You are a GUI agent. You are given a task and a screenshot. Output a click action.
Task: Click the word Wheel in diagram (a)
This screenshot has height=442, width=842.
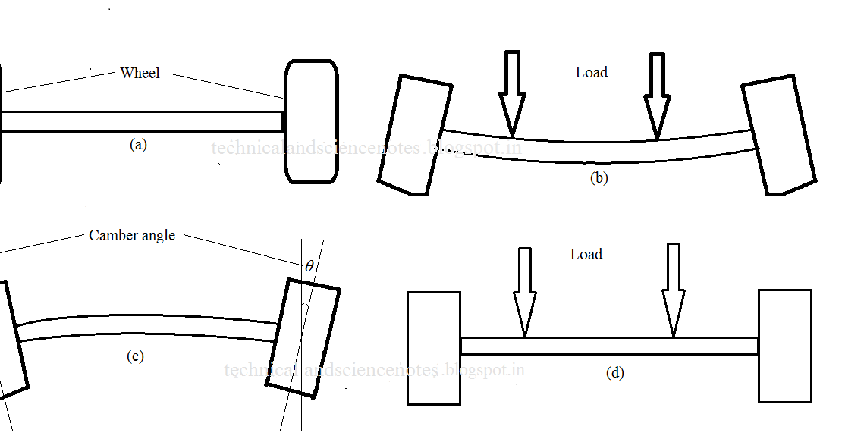140,74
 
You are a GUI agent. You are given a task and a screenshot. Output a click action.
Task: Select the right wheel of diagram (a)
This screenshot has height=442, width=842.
310,121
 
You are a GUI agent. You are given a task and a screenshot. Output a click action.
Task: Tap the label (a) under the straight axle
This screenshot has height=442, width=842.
137,145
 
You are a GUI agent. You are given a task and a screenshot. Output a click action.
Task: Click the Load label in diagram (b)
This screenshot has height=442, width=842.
592,72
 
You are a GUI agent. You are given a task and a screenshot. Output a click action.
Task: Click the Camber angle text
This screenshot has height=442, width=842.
132,235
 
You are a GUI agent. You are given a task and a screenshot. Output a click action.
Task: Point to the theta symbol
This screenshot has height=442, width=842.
309,266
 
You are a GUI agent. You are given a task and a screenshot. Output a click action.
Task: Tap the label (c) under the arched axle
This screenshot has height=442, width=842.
134,356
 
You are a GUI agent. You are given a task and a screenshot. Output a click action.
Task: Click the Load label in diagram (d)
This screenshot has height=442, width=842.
586,254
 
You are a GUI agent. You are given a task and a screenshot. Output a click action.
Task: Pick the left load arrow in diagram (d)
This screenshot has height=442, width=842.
524,292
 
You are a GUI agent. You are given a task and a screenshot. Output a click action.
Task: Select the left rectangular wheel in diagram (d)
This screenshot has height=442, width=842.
434,347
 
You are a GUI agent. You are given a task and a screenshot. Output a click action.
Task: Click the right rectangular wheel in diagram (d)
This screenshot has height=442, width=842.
785,346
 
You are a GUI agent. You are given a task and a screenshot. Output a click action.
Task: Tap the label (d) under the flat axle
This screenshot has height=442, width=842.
615,372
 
